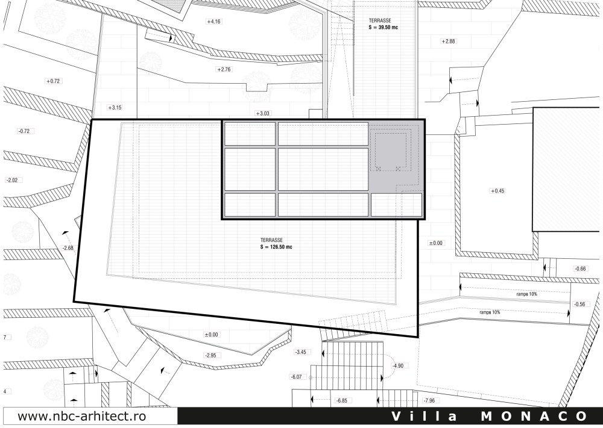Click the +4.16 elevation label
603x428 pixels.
click(214, 22)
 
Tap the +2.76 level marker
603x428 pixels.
click(224, 70)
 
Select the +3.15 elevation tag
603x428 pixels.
click(115, 108)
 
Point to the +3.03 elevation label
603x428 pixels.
click(263, 113)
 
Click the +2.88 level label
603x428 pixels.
click(447, 42)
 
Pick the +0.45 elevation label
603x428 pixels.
click(497, 191)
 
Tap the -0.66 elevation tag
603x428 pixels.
click(580, 268)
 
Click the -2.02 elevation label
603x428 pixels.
click(13, 180)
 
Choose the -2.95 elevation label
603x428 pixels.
click(211, 355)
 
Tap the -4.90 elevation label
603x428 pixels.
click(397, 365)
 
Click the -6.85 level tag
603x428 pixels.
click(343, 400)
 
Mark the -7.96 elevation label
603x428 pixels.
click(429, 400)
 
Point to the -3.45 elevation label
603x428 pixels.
click(300, 352)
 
